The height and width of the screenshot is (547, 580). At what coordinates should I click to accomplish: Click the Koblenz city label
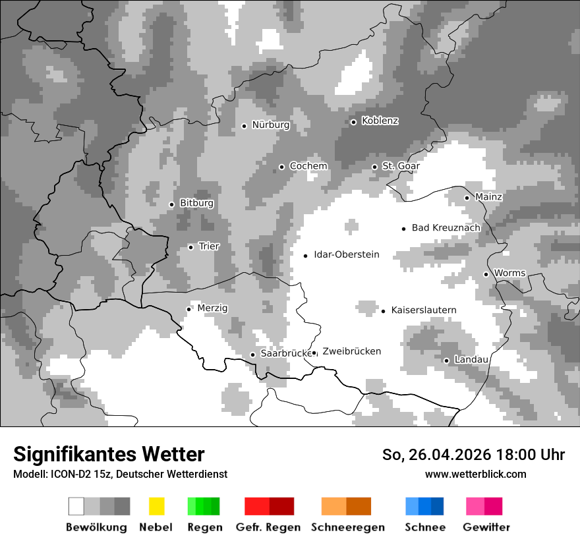(x=380, y=121)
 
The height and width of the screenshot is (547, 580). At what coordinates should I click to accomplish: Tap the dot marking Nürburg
(x=244, y=125)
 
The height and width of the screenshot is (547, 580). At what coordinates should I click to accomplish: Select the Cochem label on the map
(x=308, y=166)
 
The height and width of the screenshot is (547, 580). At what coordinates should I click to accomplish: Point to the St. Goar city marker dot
(x=374, y=167)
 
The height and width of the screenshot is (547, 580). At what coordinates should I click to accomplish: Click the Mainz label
(x=488, y=197)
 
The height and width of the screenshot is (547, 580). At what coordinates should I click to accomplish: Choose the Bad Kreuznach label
(x=446, y=228)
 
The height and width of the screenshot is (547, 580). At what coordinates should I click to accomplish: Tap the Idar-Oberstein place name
(x=346, y=254)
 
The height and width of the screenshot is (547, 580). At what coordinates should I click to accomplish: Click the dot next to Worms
(x=486, y=274)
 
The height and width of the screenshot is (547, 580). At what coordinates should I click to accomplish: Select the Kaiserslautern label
(x=423, y=310)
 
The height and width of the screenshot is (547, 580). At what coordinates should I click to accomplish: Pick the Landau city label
(x=471, y=360)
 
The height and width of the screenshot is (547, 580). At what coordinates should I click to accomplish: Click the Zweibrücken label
(x=351, y=351)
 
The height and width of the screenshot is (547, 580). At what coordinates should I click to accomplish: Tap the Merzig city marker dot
(x=188, y=308)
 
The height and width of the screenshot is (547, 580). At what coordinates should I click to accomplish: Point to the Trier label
(x=209, y=246)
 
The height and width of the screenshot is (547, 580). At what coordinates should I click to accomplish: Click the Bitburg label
(x=196, y=204)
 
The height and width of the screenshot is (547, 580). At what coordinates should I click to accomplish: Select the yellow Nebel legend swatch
(x=156, y=506)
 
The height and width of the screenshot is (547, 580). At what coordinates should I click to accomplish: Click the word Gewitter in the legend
(x=486, y=527)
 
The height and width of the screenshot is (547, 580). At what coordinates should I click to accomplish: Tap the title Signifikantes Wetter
(x=109, y=454)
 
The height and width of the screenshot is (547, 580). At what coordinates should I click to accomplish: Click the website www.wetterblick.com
(x=475, y=474)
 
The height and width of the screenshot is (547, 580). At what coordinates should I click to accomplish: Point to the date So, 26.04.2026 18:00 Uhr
(x=473, y=455)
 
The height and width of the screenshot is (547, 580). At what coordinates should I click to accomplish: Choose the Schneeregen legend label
(x=348, y=527)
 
